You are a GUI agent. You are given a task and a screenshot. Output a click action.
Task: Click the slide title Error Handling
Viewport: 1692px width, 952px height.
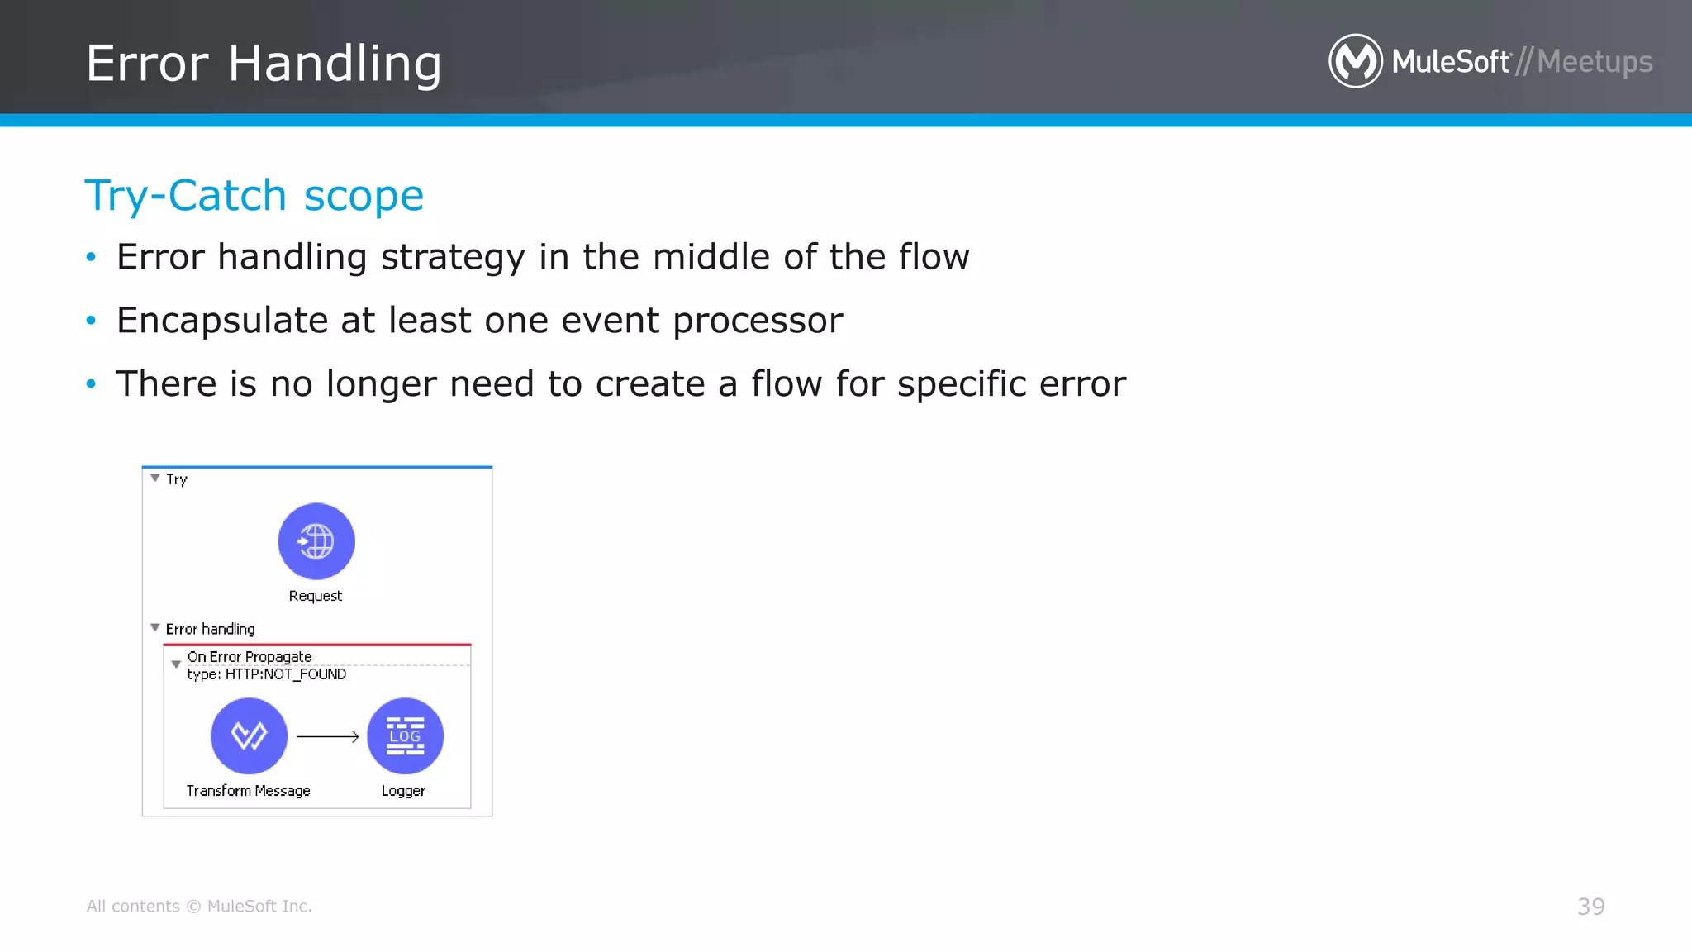coord(264,64)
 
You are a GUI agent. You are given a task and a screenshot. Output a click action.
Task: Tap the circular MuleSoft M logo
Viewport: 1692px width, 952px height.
coord(1355,60)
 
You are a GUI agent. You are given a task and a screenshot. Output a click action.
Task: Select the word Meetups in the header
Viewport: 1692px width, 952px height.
coord(1595,62)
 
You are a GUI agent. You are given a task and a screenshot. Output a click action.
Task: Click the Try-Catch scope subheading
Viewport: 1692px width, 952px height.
coord(254,196)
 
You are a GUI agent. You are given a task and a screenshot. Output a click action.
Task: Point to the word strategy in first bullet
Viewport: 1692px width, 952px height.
coord(453,258)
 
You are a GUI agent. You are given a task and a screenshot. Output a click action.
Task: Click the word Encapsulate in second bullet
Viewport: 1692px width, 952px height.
coord(222,321)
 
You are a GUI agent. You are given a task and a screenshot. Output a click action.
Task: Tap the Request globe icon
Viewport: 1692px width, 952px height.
coord(316,541)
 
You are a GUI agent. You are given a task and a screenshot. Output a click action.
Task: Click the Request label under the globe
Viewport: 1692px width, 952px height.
coord(316,596)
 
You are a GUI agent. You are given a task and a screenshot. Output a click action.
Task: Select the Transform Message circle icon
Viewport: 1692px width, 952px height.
coord(249,735)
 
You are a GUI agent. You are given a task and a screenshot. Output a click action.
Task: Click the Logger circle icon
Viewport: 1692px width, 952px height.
coord(405,735)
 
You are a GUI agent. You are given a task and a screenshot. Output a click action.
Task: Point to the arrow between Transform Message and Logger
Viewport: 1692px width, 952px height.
coord(327,736)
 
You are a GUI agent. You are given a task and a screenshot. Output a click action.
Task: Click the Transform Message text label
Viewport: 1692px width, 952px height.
coord(248,791)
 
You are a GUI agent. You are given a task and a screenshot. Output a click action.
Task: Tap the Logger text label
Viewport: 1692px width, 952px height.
coord(403,791)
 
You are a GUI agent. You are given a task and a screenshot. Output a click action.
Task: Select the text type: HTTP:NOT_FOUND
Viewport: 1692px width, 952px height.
coord(266,674)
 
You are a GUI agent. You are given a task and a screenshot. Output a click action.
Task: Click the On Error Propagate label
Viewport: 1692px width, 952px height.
coord(250,657)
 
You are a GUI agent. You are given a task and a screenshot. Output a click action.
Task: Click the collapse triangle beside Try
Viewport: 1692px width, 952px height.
coord(155,478)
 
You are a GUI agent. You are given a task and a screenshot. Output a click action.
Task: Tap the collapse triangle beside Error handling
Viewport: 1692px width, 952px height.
coord(155,628)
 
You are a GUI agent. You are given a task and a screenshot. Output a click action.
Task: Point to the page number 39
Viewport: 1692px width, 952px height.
coord(1590,907)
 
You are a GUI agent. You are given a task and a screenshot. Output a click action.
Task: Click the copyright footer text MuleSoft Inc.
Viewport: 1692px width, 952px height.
coord(259,907)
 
